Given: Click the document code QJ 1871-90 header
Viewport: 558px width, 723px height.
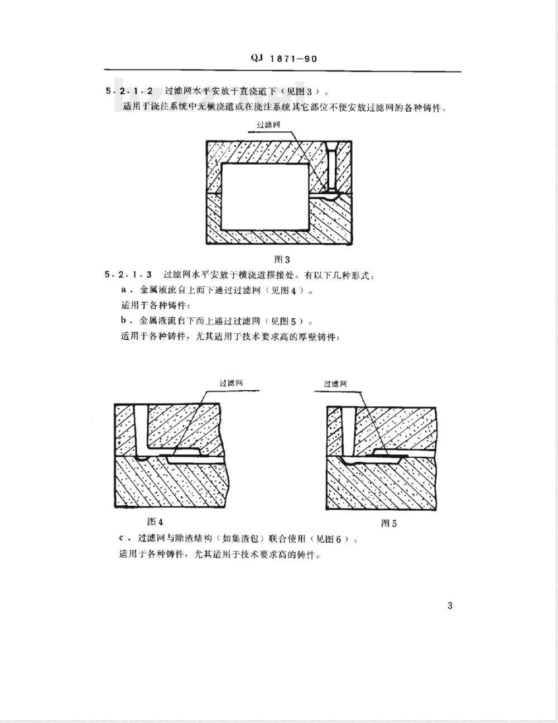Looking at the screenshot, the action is (284, 59).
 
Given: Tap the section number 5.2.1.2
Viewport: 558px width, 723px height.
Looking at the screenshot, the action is (129, 91).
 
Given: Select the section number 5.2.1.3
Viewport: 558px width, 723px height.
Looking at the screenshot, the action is (128, 275).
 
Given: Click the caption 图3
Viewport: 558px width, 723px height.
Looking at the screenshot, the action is (282, 259).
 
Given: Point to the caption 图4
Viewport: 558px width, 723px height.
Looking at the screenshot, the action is (155, 521).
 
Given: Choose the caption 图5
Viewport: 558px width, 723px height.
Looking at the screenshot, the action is (389, 523).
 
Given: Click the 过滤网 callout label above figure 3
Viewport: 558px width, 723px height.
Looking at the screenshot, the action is (269, 125).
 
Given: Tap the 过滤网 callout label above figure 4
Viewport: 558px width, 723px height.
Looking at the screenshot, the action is (231, 383).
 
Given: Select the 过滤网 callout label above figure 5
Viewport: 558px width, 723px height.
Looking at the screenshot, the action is (335, 384).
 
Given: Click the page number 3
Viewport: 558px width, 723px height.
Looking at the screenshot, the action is (450, 606).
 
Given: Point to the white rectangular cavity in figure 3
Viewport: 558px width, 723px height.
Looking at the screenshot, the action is (265, 197).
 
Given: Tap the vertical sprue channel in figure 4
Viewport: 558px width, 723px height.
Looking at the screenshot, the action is (141, 429).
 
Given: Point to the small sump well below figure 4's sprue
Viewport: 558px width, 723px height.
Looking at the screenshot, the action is (143, 458).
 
